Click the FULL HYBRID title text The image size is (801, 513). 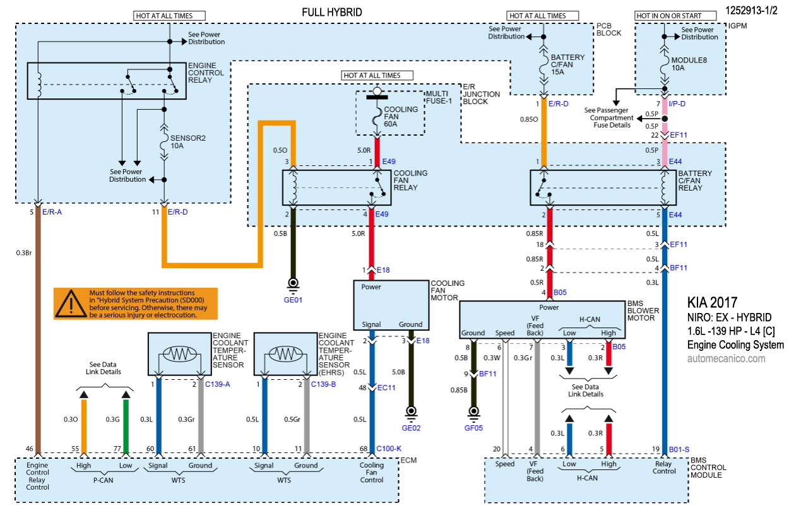[x=332, y=12]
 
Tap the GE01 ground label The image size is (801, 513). [x=293, y=300]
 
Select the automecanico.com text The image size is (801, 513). [x=726, y=358]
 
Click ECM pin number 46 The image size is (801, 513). [x=29, y=448]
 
